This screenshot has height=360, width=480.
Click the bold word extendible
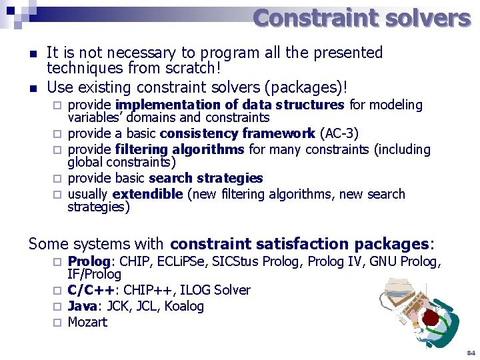[147, 194]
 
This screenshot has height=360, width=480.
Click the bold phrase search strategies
[206, 178]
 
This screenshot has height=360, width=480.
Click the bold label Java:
[85, 306]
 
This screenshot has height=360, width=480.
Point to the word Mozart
[87, 322]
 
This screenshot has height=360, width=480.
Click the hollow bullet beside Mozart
[57, 323]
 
